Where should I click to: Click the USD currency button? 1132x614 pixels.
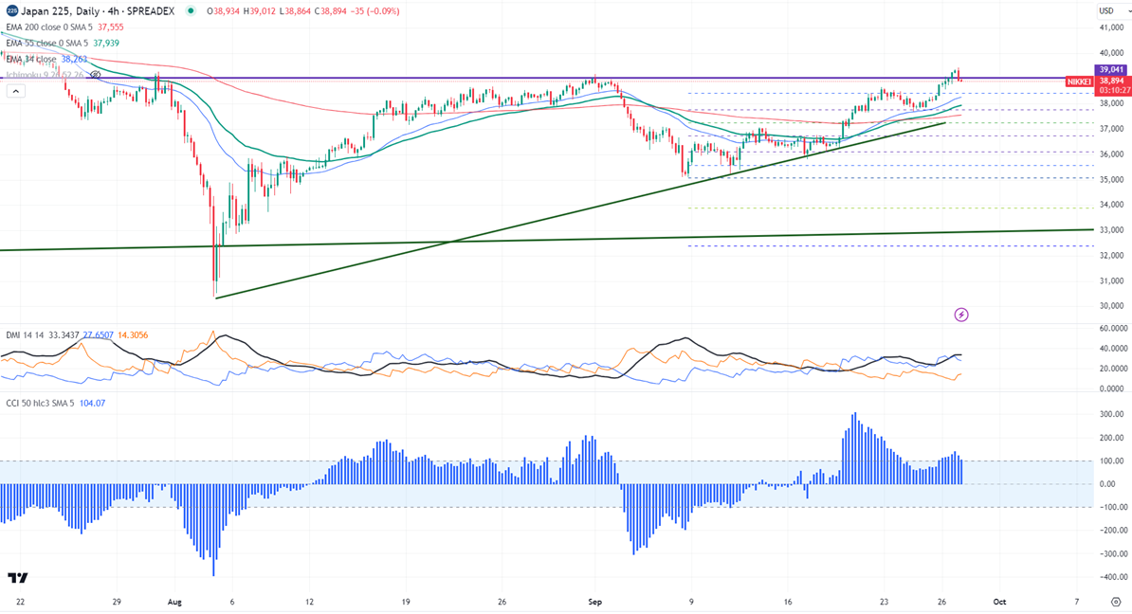pos(1105,10)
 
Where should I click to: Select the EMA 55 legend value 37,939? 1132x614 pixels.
pos(105,43)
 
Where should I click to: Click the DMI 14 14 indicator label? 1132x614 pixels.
pos(26,335)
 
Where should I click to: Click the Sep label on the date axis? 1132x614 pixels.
pos(595,602)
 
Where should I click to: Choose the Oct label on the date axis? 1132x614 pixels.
pos(997,602)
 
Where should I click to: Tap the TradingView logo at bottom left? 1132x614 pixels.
pos(17,578)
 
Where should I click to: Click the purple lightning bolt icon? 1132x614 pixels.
pos(961,315)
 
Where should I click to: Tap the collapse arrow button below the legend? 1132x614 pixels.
pos(15,91)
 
